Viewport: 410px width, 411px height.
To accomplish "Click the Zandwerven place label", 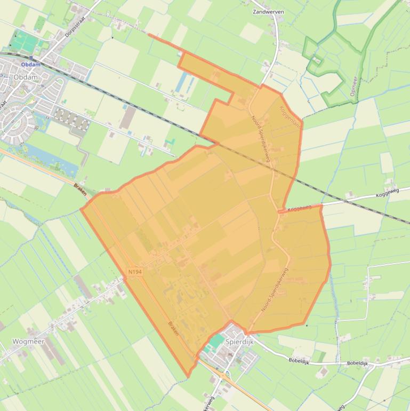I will [268, 11].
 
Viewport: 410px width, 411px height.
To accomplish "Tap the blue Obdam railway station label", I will [30, 65].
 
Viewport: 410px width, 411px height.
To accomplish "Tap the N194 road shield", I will [135, 272].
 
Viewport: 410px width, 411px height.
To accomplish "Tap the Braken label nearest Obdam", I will [81, 188].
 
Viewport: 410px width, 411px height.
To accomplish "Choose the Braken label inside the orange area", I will [173, 328].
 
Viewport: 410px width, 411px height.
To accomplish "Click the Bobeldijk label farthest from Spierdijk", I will [357, 363].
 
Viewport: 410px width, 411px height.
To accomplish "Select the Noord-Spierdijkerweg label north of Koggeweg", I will [262, 140].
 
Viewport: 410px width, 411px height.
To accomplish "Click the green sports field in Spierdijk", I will [217, 341].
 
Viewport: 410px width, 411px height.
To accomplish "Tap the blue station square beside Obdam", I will [31, 58].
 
